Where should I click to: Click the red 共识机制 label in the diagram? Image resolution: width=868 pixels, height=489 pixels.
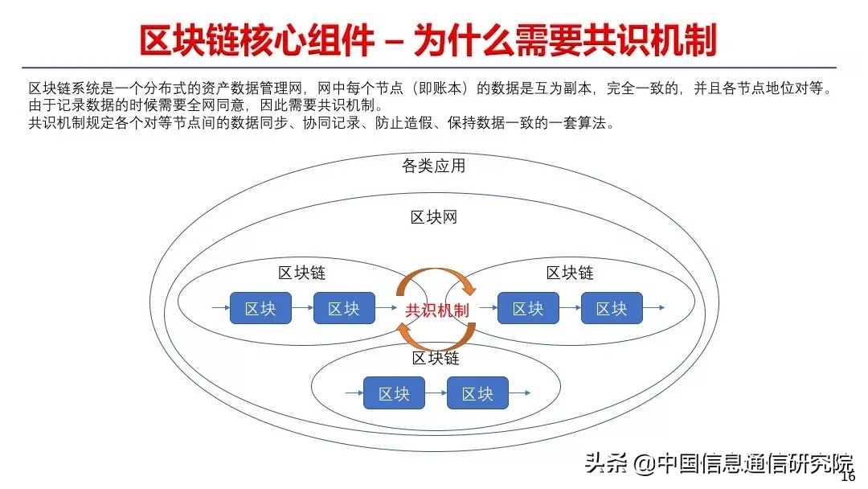(x=437, y=310)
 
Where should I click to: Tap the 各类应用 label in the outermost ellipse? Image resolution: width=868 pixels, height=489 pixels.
(x=433, y=166)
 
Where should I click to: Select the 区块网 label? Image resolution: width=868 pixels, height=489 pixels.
(x=434, y=217)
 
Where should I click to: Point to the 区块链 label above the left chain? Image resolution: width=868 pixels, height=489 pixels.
(x=302, y=272)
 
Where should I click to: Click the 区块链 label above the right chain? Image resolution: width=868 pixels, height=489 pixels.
(x=570, y=273)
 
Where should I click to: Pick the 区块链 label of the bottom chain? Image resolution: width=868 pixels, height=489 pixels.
(x=436, y=357)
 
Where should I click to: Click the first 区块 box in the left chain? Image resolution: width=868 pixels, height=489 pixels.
(x=260, y=308)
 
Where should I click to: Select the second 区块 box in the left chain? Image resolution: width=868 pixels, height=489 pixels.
(x=344, y=308)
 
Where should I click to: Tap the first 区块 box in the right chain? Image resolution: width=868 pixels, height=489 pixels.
(x=528, y=308)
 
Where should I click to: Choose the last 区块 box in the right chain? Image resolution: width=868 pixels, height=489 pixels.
(x=612, y=308)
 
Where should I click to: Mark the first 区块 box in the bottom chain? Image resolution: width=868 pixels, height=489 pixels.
(x=394, y=393)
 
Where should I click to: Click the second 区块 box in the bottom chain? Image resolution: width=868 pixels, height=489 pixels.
(x=477, y=393)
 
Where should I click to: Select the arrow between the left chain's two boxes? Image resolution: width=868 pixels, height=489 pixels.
(x=302, y=308)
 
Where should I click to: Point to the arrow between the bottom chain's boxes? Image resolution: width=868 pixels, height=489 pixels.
(x=436, y=393)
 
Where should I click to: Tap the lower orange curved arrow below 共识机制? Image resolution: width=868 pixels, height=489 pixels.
(x=436, y=340)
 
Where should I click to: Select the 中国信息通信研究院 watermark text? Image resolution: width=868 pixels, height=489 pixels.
(x=755, y=464)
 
